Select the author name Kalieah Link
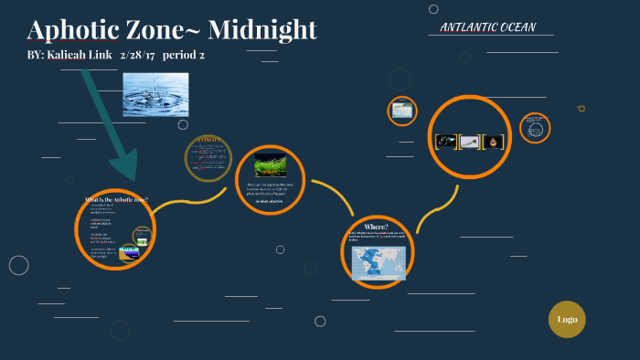point(83,56)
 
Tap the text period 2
point(183,56)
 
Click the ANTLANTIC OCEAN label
point(487,27)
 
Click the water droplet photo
point(155,95)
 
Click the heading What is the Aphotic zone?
point(116,200)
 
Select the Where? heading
point(376,227)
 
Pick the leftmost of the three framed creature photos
point(445,142)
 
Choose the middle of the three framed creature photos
point(469,142)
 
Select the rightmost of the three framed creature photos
point(493,142)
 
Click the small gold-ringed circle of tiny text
point(206,157)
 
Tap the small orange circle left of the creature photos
point(401,111)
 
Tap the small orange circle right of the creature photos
point(535,128)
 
